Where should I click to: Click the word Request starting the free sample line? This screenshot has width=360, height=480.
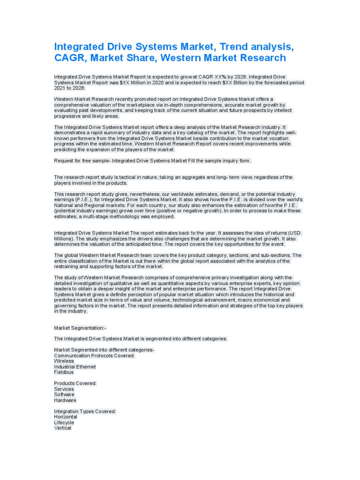click(64, 161)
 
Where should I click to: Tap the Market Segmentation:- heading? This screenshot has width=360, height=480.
click(80, 328)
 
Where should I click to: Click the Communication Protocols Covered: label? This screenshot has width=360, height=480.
click(94, 355)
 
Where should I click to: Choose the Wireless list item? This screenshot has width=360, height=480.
click(64, 361)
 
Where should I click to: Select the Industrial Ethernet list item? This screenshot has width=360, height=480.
click(75, 367)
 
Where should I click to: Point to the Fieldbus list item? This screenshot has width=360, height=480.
click(64, 372)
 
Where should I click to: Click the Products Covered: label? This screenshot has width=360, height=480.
click(75, 383)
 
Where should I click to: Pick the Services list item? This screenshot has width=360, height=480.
click(64, 389)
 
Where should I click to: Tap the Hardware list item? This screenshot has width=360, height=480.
click(65, 400)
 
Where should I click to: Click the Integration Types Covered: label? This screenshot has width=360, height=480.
click(85, 411)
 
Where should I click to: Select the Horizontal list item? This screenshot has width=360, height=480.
click(66, 417)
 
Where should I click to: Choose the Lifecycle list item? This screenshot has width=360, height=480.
click(64, 422)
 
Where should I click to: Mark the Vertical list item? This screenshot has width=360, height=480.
click(63, 428)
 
